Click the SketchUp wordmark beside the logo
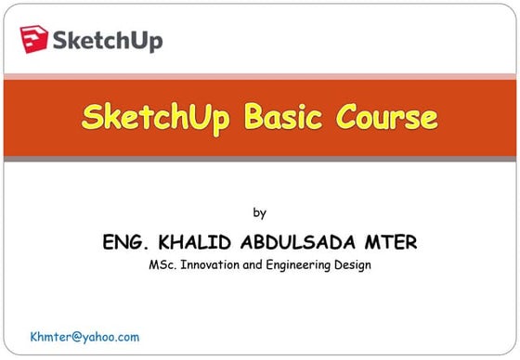tap(109, 41)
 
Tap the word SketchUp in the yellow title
tap(158, 118)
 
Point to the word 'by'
tap(260, 212)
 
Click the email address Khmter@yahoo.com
tap(84, 337)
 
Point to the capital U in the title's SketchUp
tap(200, 118)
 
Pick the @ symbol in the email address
tap(79, 337)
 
